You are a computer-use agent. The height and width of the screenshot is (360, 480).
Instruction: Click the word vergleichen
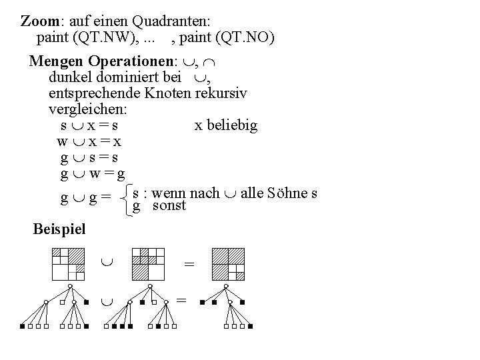pyautogui.click(x=88, y=109)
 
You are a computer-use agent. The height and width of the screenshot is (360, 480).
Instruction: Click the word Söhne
pyautogui.click(x=287, y=194)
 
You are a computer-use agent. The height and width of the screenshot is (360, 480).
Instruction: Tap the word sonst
pyautogui.click(x=169, y=206)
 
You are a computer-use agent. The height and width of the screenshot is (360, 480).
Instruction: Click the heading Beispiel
pyautogui.click(x=59, y=230)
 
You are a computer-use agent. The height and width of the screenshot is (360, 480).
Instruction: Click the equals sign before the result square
pyautogui.click(x=189, y=265)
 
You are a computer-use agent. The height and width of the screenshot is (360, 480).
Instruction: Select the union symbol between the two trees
pyautogui.click(x=107, y=301)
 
